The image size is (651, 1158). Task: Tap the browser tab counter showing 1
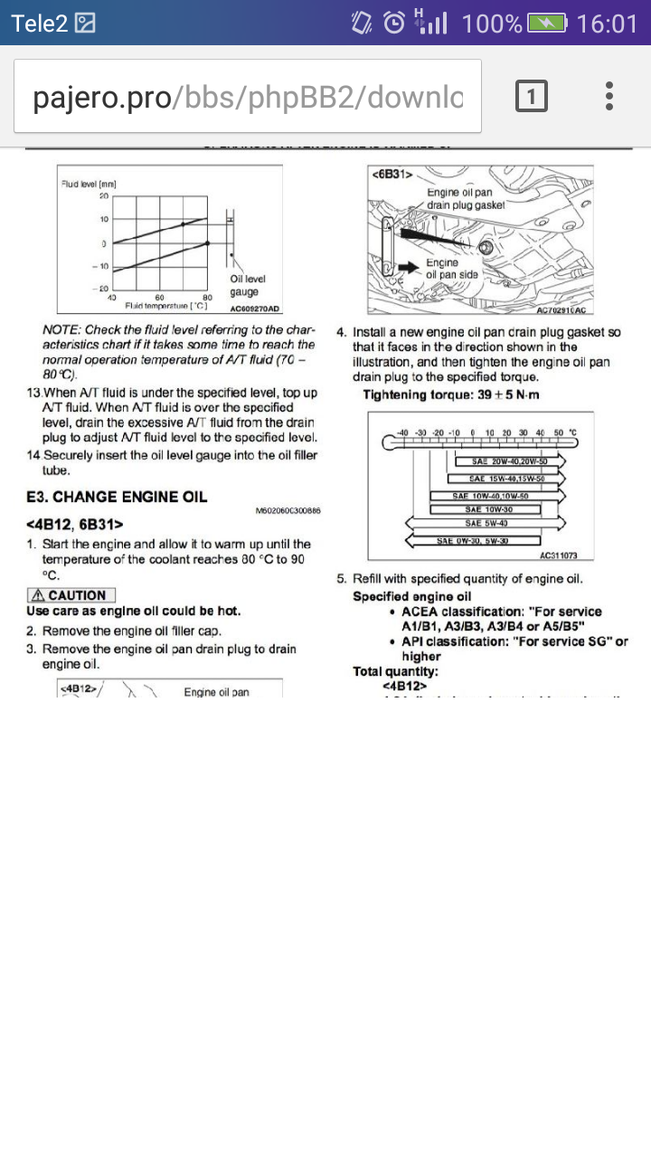click(x=532, y=96)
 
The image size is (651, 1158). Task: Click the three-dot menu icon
click(x=610, y=96)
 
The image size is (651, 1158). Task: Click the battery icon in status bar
click(x=547, y=23)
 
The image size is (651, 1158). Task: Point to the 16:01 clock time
click(x=607, y=23)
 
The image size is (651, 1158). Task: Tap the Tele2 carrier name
click(x=40, y=23)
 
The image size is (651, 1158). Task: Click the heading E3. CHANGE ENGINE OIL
click(x=117, y=497)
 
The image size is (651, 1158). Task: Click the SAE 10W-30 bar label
click(x=497, y=509)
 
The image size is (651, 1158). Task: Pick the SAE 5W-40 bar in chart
click(x=486, y=523)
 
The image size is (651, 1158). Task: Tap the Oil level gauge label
click(x=246, y=286)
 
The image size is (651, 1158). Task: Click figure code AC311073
click(x=558, y=555)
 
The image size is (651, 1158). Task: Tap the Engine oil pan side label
click(x=452, y=269)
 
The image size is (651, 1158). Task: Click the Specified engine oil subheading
click(x=411, y=596)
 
